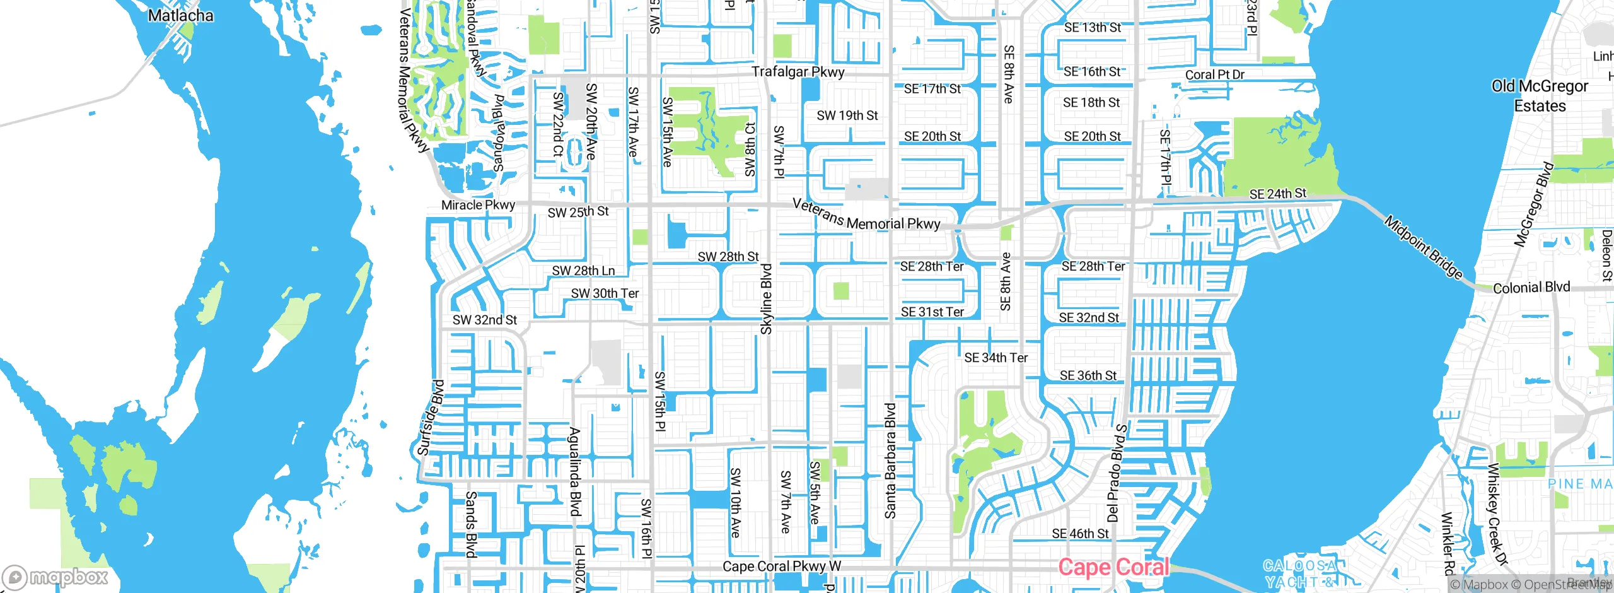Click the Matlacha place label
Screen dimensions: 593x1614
point(180,15)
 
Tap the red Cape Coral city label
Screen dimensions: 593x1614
point(1113,567)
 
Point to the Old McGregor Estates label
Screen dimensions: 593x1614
point(1540,96)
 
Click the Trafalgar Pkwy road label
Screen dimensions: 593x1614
point(798,72)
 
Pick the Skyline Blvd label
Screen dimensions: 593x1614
point(766,299)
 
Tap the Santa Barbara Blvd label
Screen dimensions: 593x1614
point(890,461)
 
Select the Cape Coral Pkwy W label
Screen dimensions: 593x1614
point(781,567)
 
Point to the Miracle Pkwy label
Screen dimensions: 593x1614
point(478,205)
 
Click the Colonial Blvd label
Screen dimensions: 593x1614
point(1531,288)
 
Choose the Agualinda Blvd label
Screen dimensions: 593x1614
point(574,472)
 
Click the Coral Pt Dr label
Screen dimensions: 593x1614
point(1214,74)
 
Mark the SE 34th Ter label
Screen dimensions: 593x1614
point(996,358)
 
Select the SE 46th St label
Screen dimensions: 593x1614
point(1080,534)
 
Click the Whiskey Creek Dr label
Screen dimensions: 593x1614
point(1497,514)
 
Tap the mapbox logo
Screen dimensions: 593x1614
point(55,577)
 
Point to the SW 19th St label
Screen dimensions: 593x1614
point(847,115)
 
